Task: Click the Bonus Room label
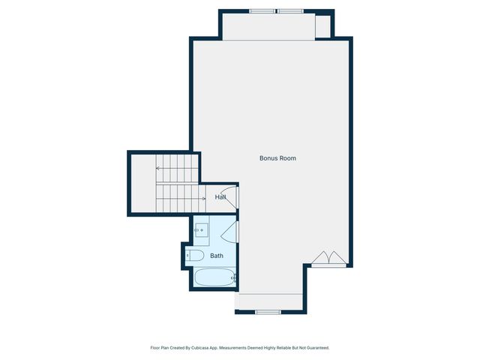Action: point(277,158)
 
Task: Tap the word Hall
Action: point(220,197)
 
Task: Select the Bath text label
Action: point(216,256)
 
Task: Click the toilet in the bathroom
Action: point(194,256)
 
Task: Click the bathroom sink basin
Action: point(201,229)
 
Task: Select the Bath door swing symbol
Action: point(231,232)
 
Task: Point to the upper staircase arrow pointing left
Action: point(159,169)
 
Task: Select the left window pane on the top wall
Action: point(262,11)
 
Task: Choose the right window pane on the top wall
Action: point(289,11)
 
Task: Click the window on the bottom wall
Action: point(268,311)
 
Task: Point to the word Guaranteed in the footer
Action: point(315,348)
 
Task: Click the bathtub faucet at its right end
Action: point(233,278)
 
